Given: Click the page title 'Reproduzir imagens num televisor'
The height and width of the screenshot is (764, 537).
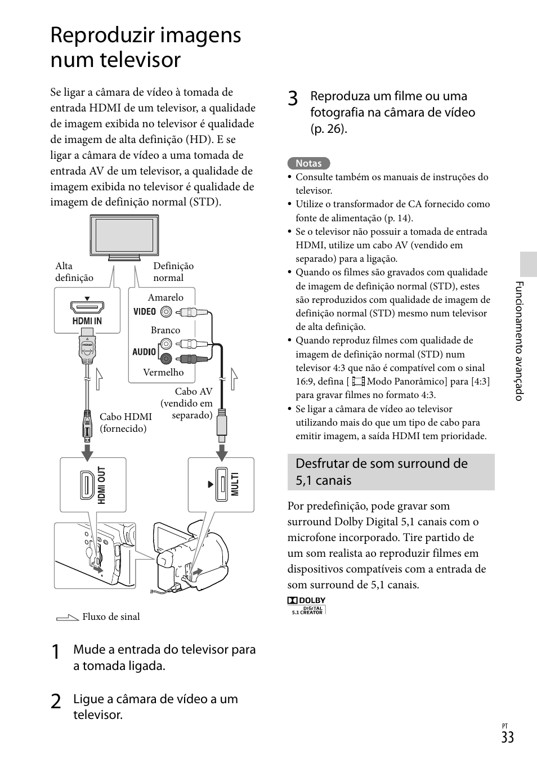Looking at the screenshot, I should tap(146, 47).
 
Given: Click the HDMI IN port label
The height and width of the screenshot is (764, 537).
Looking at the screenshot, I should tap(87, 321).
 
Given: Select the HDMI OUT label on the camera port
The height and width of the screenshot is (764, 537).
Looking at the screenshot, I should tap(102, 485).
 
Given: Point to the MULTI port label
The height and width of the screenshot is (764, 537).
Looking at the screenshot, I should tap(235, 484).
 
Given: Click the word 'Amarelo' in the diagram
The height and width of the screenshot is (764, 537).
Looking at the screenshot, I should tap(165, 297).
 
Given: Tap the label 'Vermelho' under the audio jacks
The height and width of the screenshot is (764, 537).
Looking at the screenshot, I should tap(163, 372).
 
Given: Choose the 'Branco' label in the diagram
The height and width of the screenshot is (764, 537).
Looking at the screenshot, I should tap(165, 330).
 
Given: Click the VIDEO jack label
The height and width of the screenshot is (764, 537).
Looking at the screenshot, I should tap(145, 311).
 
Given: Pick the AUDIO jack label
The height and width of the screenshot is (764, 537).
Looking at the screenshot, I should tap(144, 352).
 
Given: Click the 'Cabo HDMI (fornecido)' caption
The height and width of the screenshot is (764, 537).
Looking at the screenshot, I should tap(126, 423).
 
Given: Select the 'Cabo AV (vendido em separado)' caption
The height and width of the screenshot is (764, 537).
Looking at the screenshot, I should tap(187, 403).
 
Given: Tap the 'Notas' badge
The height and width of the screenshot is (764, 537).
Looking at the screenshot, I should tap(308, 163).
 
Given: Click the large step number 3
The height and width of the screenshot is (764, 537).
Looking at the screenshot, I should tap(293, 99).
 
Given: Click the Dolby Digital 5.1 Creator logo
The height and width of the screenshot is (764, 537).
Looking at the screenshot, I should tap(307, 605).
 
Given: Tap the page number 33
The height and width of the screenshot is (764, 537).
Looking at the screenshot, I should tap(507, 738).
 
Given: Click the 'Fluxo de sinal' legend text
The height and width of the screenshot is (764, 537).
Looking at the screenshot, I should tap(111, 616).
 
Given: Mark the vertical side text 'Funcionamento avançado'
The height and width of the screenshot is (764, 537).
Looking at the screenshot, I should tap(520, 341).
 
